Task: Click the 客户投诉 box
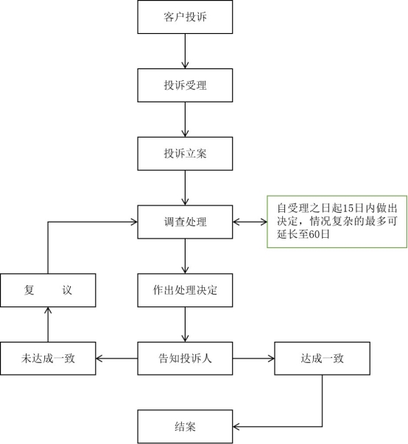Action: pyautogui.click(x=185, y=17)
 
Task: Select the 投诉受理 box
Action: pyautogui.click(x=185, y=85)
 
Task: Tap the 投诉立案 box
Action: pyautogui.click(x=185, y=154)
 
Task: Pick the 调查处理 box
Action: pyautogui.click(x=185, y=222)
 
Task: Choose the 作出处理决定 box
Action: pyautogui.click(x=185, y=290)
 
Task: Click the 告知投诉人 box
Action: pyautogui.click(x=185, y=359)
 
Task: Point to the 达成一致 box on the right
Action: pyautogui.click(x=323, y=359)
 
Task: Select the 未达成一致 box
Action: pyautogui.click(x=48, y=359)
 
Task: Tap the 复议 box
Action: pyautogui.click(x=48, y=290)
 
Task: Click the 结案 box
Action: pyautogui.click(x=185, y=427)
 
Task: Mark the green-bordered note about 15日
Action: pyautogui.click(x=337, y=222)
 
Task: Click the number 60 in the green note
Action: pyautogui.click(x=312, y=234)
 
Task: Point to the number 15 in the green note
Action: pyautogui.click(x=348, y=208)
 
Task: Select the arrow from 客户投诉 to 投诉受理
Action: pyautogui.click(x=185, y=52)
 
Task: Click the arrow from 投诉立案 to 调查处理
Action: pyautogui.click(x=185, y=188)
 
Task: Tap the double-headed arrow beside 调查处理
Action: pyautogui.click(x=250, y=222)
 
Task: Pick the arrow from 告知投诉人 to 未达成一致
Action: pyautogui.click(x=116, y=359)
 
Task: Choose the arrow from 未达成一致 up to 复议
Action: pyautogui.click(x=48, y=325)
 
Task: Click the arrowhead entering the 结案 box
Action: pyautogui.click(x=236, y=426)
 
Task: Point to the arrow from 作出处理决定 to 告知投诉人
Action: pyautogui.click(x=185, y=325)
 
